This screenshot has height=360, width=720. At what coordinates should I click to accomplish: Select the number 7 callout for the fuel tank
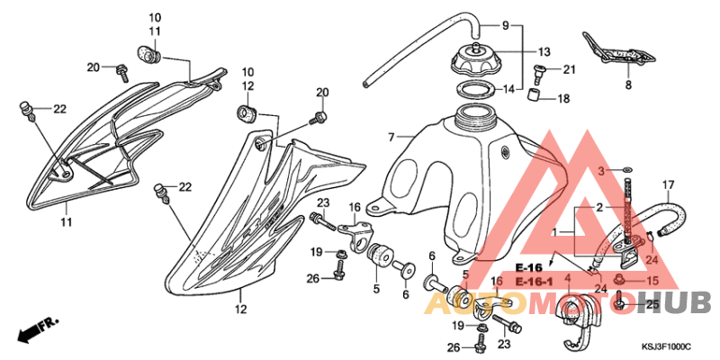[x=391, y=137]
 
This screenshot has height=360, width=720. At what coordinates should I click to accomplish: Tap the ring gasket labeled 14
[x=476, y=88]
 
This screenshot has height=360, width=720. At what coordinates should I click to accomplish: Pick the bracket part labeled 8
[x=618, y=49]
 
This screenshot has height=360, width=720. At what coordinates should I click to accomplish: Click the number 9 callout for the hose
[x=506, y=25]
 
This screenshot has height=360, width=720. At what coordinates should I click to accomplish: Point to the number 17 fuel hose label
[x=668, y=185]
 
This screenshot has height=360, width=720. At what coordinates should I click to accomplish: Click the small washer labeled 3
[x=627, y=171]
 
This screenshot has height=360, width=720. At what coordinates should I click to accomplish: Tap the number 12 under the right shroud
[x=240, y=309]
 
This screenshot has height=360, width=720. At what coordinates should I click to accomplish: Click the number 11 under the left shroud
[x=67, y=222]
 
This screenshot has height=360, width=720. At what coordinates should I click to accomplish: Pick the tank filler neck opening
[x=474, y=111]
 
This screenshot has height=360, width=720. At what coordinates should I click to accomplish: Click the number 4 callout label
[x=568, y=278]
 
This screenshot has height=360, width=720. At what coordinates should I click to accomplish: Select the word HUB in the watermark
[x=674, y=303]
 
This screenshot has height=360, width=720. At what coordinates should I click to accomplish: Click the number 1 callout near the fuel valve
[x=555, y=233]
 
